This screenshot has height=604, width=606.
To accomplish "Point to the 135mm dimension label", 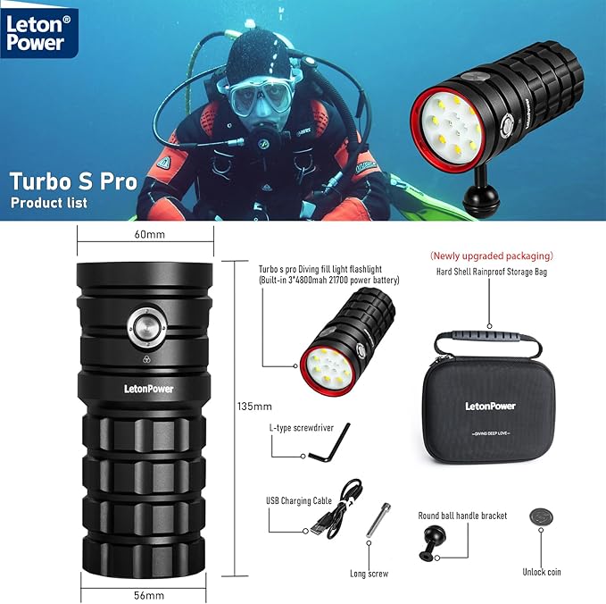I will [x=255, y=406].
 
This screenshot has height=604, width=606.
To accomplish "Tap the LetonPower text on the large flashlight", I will [x=143, y=388].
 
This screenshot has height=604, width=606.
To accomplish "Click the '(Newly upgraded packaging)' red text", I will [x=491, y=256].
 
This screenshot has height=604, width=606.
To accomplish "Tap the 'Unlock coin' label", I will [x=542, y=571].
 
